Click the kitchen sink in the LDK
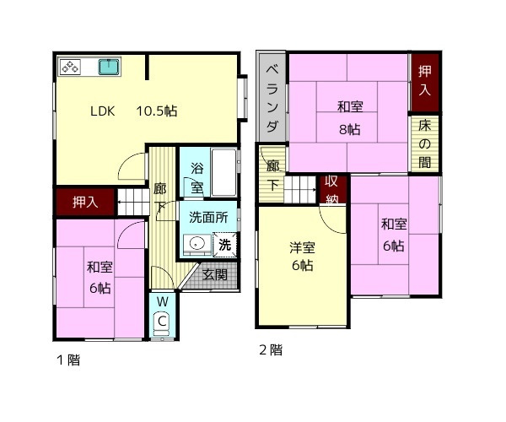click(109, 67)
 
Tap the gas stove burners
click(71, 68)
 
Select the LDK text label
click(102, 111)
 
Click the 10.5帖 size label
click(157, 111)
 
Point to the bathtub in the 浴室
click(224, 172)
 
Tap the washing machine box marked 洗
click(224, 245)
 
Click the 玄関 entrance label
click(215, 275)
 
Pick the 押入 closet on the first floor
click(85, 202)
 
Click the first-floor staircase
click(133, 202)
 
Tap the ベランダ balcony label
click(272, 99)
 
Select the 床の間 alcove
click(424, 143)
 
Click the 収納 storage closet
click(332, 191)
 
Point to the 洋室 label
click(302, 248)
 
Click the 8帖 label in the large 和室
click(349, 130)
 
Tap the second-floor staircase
click(300, 190)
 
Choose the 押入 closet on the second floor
click(425, 83)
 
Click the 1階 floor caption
click(68, 360)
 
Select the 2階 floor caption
click(271, 350)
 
